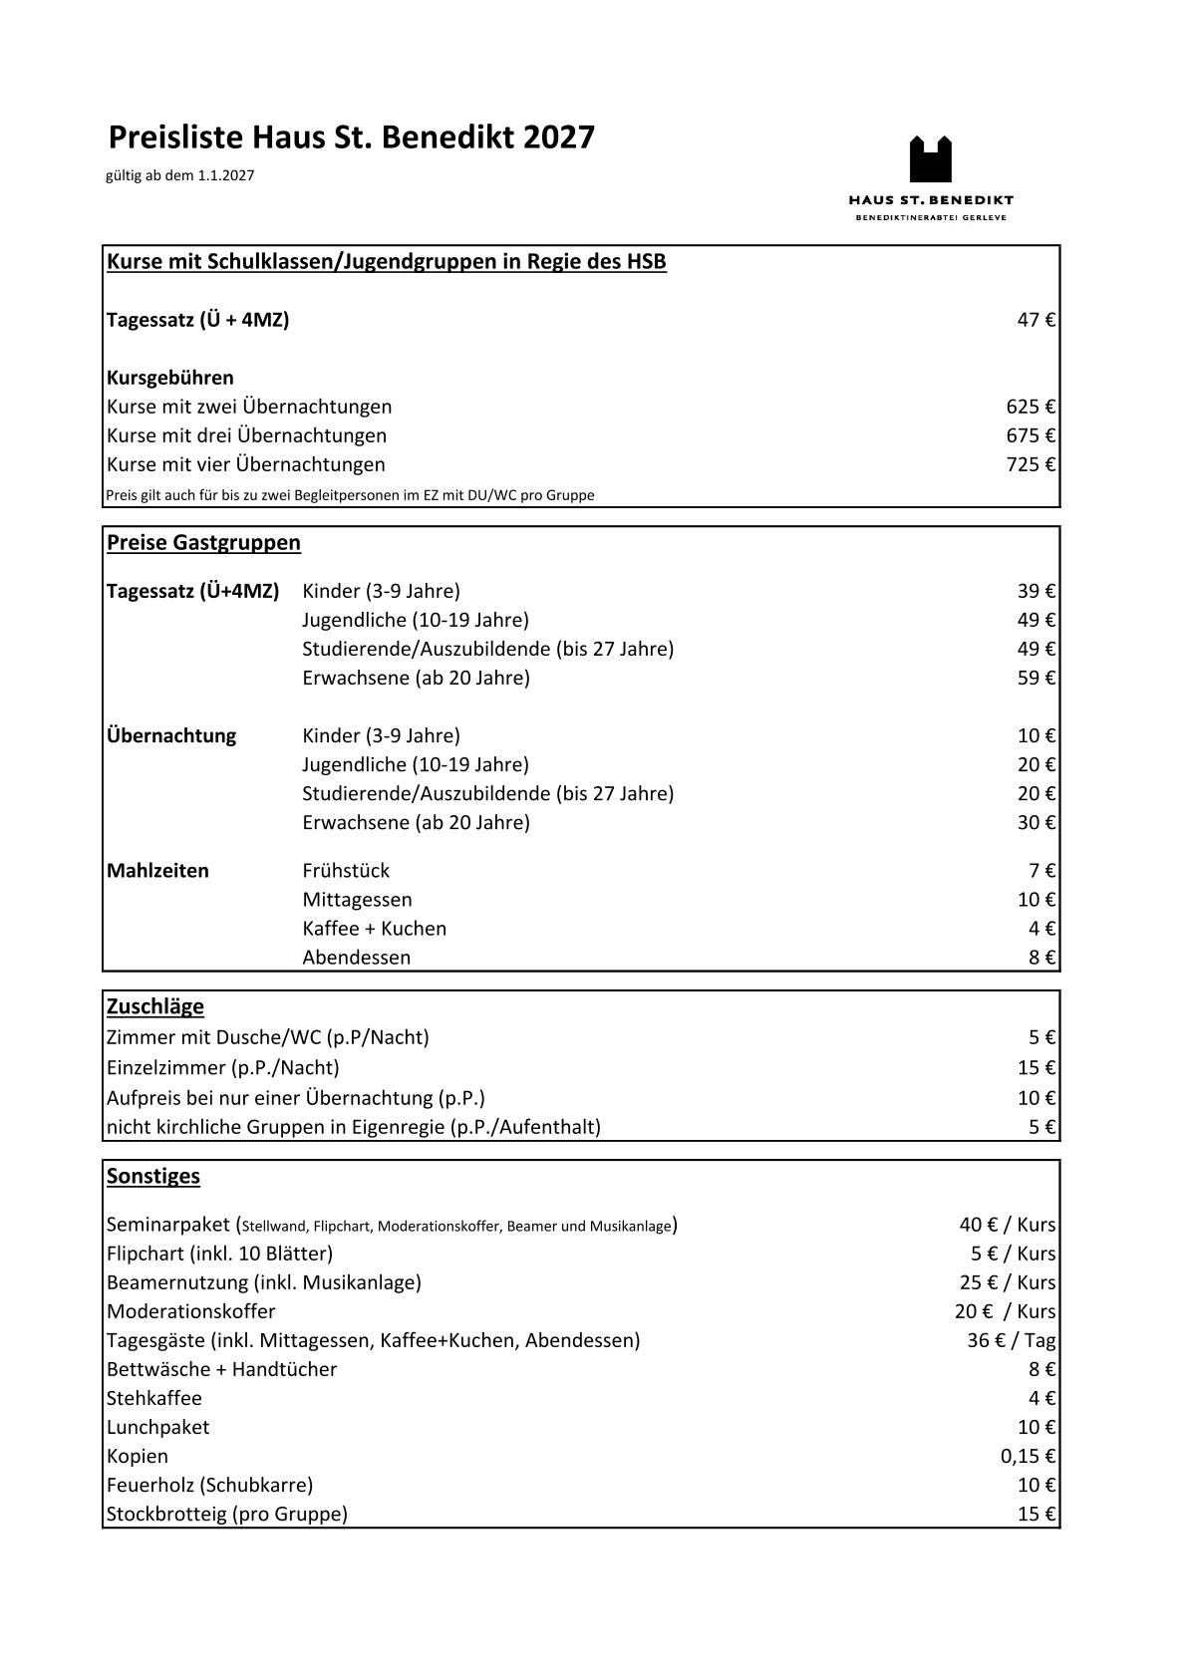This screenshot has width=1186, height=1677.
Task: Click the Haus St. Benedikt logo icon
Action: (x=930, y=159)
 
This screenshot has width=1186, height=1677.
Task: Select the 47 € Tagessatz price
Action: (x=1036, y=320)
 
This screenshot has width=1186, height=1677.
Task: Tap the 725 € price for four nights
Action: (x=1031, y=464)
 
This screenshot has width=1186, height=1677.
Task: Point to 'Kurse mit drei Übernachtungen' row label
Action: (x=246, y=435)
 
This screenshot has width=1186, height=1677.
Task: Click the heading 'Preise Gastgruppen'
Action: (x=203, y=543)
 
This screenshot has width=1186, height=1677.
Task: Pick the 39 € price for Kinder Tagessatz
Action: (x=1036, y=591)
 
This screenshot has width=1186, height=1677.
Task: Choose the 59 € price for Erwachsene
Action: (x=1036, y=678)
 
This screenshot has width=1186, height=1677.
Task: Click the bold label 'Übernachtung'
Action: (x=171, y=736)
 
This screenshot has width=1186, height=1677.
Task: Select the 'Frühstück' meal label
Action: (x=346, y=871)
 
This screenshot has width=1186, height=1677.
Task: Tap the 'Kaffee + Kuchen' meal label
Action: (x=374, y=929)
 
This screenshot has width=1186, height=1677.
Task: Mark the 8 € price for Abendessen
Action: (x=1041, y=958)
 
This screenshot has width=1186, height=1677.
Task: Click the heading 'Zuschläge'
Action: (x=154, y=1006)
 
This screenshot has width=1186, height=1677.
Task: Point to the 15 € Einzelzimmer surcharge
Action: (x=1036, y=1068)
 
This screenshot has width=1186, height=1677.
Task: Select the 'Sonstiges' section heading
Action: (x=152, y=1176)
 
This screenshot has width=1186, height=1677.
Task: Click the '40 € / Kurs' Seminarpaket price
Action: (x=1007, y=1225)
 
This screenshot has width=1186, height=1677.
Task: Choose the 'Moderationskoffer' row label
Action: (x=190, y=1311)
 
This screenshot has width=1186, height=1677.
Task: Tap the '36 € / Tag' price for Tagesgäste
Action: (x=1011, y=1340)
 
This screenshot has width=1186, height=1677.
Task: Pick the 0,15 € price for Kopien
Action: (x=1028, y=1456)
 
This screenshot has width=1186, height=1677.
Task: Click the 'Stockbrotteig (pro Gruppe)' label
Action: (x=227, y=1515)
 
